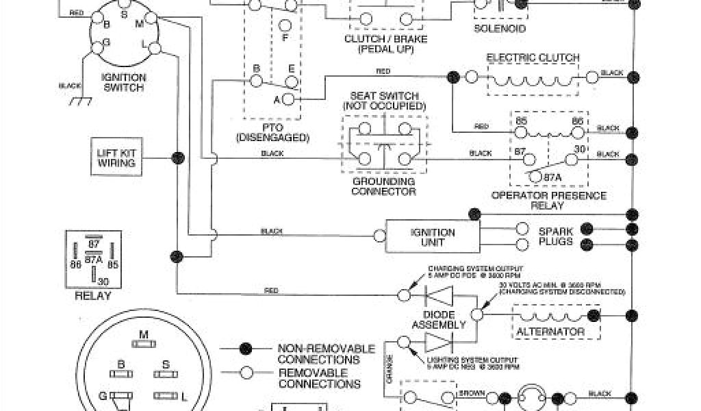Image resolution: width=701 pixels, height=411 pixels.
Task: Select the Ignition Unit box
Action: pyautogui.click(x=432, y=237)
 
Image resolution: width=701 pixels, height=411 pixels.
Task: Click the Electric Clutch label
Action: pyautogui.click(x=533, y=58)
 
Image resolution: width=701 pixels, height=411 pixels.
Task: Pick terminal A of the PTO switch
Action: pyautogui.click(x=288, y=100)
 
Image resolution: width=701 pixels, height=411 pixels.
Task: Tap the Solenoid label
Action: pyautogui.click(x=500, y=29)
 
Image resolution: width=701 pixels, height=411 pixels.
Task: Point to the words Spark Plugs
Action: pyautogui.click(x=555, y=237)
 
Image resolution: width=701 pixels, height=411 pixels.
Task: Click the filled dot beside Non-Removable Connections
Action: pyautogui.click(x=244, y=350)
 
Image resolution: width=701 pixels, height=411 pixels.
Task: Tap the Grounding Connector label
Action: pyautogui.click(x=383, y=186)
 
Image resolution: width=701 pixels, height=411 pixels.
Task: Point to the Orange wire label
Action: pyautogui.click(x=390, y=366)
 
